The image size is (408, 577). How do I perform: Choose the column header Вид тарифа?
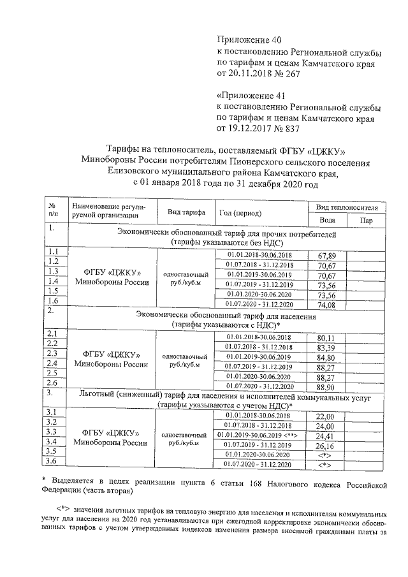[x=186, y=212]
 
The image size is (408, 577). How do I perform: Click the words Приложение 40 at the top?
[x=245, y=40]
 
